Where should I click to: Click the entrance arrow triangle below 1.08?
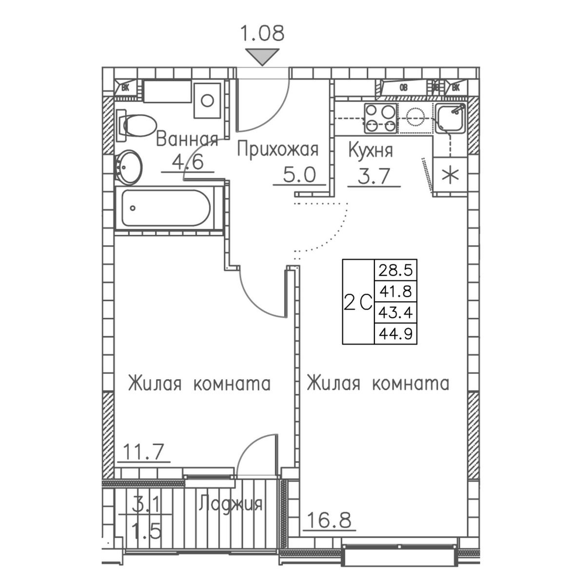261,57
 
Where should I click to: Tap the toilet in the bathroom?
134,125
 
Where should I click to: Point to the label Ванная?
187,140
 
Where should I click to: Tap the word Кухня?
370,150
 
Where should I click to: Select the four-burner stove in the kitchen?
380,117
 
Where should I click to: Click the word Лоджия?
230,504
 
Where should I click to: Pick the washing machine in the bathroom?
207,100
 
